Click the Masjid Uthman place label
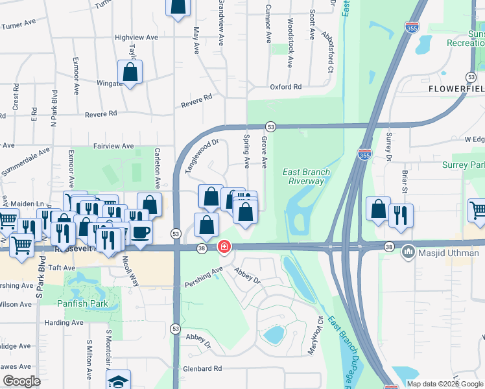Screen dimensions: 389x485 click(x=443, y=250)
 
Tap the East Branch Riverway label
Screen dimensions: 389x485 click(x=307, y=176)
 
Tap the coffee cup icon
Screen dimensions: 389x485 click(x=141, y=231)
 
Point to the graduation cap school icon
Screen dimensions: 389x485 click(x=119, y=381)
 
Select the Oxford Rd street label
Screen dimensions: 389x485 click(x=286, y=86)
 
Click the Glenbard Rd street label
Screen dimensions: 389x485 click(x=202, y=368)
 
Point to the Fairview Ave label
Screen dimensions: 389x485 click(x=113, y=147)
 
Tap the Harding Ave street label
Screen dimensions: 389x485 click(x=64, y=322)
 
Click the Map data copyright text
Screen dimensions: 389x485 click(x=445, y=384)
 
